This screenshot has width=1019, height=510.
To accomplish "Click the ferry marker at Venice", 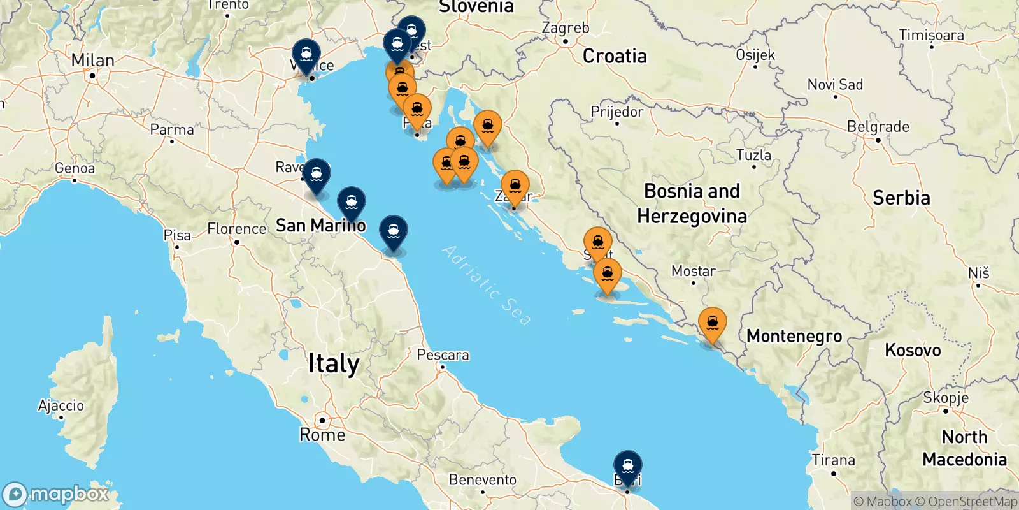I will point(306,54).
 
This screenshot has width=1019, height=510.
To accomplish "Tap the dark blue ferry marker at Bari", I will point(628,465).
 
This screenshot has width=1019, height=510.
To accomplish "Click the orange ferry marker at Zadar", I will point(515,186).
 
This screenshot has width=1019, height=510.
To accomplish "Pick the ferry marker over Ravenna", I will point(317,173).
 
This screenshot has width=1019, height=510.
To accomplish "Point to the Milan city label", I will point(93,61).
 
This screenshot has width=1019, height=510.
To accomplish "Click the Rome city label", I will point(322,435).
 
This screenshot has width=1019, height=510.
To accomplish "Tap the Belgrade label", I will point(878,127).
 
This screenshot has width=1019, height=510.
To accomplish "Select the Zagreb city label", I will point(566,28).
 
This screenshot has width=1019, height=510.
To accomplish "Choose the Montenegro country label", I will point(794,336).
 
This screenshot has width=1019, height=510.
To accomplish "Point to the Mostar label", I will point(693,271).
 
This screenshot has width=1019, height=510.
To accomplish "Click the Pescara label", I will point(443,355).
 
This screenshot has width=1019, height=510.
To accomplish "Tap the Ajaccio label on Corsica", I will point(61,405).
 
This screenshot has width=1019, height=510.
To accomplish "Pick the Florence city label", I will point(237,229).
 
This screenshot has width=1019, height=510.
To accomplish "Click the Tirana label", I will point(833,460).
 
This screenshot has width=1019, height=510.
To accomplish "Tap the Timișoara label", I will point(931,35).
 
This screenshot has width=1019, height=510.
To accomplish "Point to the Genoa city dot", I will point(75,180).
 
